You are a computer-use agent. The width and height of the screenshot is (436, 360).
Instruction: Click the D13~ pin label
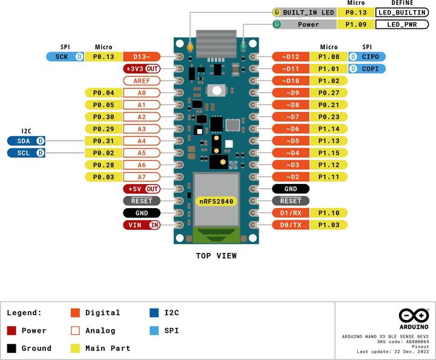point(142,56)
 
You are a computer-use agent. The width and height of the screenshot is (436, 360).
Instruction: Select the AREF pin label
point(142,80)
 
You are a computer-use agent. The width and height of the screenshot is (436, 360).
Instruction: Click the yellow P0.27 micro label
point(328,93)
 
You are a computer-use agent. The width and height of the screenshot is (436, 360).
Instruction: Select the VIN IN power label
point(142,224)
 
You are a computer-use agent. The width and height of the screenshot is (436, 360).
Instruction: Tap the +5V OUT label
point(142,189)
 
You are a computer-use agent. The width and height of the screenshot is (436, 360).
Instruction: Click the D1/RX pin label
point(291,212)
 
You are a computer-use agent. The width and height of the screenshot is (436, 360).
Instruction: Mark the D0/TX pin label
point(291,224)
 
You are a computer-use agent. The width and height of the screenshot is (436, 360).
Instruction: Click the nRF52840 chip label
point(216,201)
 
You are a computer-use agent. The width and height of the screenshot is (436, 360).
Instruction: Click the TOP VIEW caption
point(216,255)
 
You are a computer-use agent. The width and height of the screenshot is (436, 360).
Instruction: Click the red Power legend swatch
point(12,330)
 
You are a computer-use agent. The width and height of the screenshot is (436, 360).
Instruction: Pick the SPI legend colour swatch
point(153,330)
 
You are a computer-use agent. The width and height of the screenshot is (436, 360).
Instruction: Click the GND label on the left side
point(142,212)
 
